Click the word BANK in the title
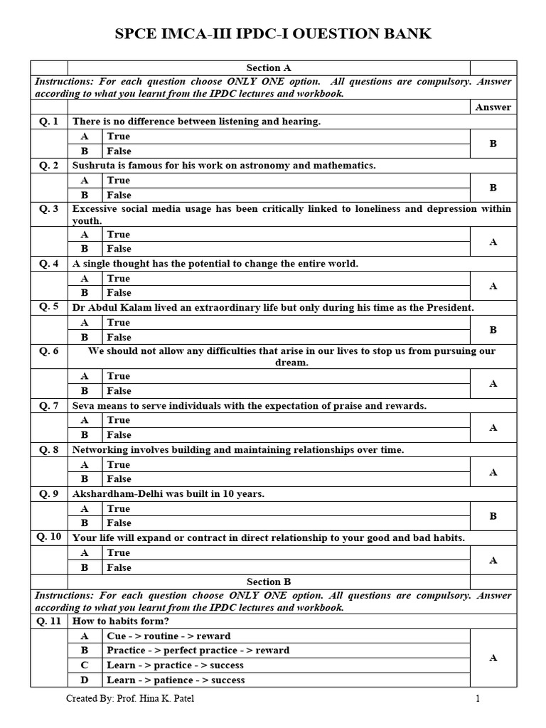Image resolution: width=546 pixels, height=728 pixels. coord(405,34)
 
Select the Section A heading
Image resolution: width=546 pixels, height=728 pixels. coord(269,68)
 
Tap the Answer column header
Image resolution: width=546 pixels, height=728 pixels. coord(493,107)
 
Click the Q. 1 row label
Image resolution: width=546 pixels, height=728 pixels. coord(49,122)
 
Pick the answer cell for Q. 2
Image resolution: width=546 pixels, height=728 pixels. coord(493,188)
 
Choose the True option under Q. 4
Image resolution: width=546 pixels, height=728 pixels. coord(119,279)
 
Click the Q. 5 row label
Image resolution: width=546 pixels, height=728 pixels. coord(49,307)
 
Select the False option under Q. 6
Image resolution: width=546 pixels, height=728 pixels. coord(119,391)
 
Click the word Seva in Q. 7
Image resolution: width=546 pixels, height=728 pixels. coord(85,406)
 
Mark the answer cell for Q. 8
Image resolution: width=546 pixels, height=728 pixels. coord(493,472)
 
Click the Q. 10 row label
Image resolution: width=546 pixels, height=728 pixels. coord(49,537)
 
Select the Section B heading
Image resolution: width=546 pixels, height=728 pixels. coord(269,582)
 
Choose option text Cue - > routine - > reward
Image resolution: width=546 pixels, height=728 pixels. coord(168,636)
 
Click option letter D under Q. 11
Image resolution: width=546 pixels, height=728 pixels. coord(85,680)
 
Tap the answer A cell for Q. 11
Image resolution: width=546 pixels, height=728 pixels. coord(493,658)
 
